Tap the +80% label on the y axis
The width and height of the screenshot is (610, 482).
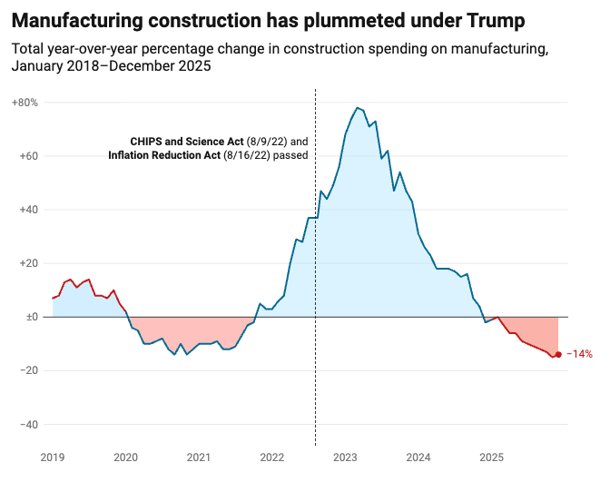click(25, 103)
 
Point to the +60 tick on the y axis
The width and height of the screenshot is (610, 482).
click(26, 156)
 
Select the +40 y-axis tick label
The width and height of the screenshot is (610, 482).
click(26, 210)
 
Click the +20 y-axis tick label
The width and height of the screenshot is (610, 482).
click(26, 263)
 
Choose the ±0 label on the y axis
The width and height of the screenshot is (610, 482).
click(28, 317)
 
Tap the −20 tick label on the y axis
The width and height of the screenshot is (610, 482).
click(26, 370)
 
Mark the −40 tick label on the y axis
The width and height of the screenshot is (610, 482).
click(26, 424)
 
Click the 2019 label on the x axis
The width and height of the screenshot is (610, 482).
click(53, 457)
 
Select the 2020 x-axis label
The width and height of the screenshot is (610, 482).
click(126, 457)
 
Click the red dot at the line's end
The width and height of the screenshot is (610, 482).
click(558, 354)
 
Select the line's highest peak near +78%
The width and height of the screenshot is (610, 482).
click(358, 108)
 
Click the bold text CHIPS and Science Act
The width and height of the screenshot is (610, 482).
click(187, 142)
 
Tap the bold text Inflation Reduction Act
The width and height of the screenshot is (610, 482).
click(163, 156)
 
